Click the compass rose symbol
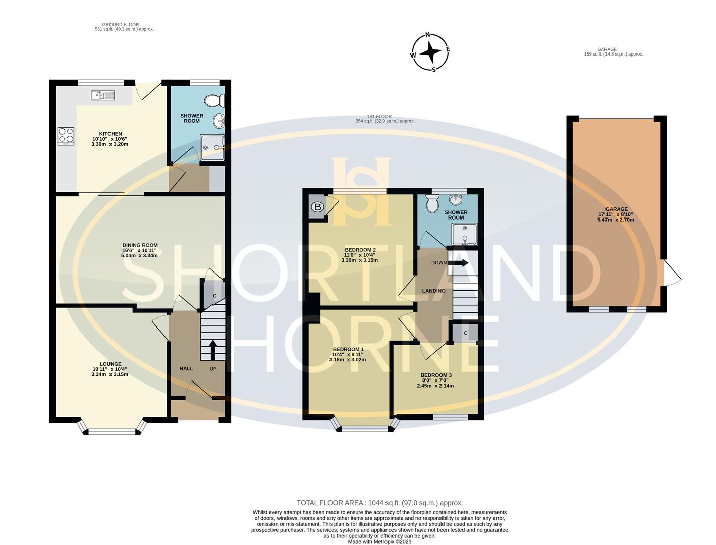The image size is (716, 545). click(430, 52)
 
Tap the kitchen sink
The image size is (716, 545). click(103, 95)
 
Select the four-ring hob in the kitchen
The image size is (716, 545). click(66, 135)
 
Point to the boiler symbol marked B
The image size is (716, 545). click(317, 207)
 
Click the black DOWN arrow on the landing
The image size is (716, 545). click(458, 262)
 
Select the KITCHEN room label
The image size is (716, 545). click(110, 134)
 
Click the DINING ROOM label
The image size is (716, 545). click(140, 245)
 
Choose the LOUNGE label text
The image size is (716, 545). click(110, 364)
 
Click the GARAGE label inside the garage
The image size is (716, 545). click(616, 209)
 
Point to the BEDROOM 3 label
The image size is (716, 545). click(435, 375)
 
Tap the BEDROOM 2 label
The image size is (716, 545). click(360, 250)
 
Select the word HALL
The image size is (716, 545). click(186, 368)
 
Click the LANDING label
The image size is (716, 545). click(433, 291)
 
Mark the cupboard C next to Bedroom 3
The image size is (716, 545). click(465, 333)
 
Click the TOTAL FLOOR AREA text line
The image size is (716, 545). click(379, 503)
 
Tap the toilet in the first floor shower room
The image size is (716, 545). click(432, 204)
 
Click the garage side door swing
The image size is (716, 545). click(672, 273)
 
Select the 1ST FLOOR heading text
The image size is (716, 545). click(379, 117)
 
